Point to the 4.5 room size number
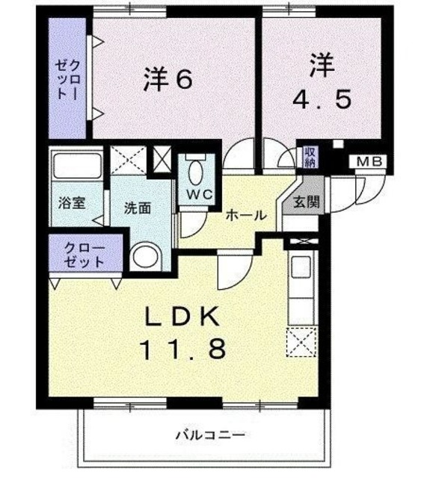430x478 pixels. tap(321, 100)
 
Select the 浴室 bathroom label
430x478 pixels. tap(71, 202)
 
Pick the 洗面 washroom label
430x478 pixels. tap(137, 208)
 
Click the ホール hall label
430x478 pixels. tap(245, 215)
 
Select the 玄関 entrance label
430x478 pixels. tap(304, 201)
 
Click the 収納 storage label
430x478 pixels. tap(310, 157)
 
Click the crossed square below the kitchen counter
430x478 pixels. tap(301, 342)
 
